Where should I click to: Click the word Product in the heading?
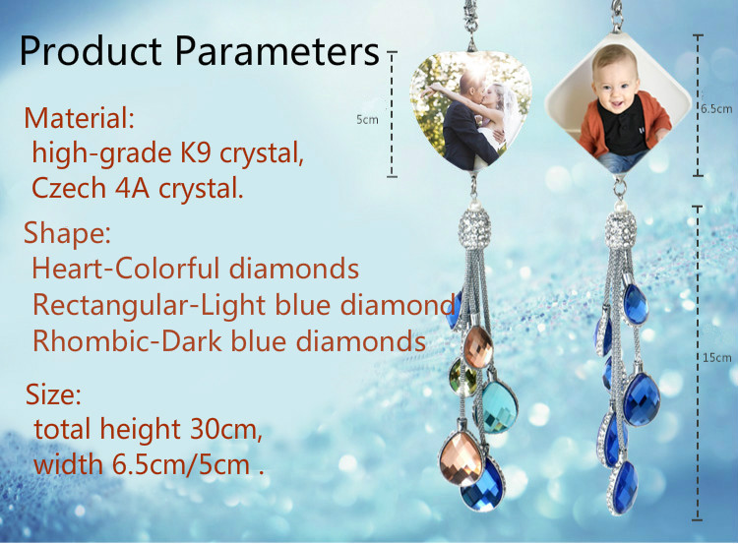click(x=91, y=50)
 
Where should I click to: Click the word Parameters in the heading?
click(x=277, y=50)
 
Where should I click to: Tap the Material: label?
click(x=80, y=117)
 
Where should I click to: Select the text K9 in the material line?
click(x=195, y=152)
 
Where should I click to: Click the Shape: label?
click(x=67, y=232)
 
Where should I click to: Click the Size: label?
click(x=53, y=393)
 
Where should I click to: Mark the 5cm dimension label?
click(x=367, y=120)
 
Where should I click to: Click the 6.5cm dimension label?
click(x=716, y=109)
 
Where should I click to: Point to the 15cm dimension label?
click(x=717, y=358)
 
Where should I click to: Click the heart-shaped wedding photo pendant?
click(x=471, y=111)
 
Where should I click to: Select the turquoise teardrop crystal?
click(x=498, y=407)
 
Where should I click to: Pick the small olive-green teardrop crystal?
click(x=463, y=377)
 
